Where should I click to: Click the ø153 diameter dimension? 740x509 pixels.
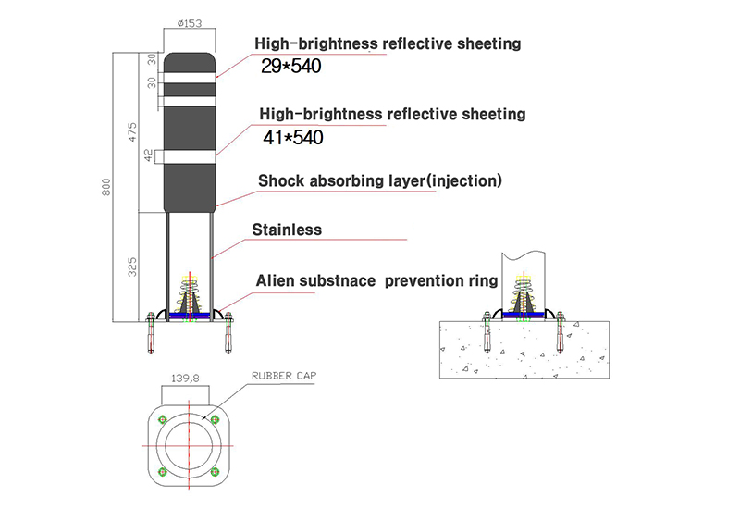(190, 23)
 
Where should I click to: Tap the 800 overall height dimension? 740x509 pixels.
(106, 187)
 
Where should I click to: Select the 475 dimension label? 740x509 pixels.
(132, 132)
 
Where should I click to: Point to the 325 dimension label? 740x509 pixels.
(132, 267)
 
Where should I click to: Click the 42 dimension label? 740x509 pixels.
(149, 155)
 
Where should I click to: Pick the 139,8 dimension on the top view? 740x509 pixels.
(185, 379)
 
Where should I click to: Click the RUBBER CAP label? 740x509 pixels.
(284, 376)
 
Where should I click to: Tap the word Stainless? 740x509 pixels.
(287, 230)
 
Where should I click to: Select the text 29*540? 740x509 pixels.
(291, 66)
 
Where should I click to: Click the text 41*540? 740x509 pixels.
(293, 137)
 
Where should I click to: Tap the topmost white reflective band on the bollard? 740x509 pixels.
(190, 78)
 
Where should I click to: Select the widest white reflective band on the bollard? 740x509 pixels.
(190, 156)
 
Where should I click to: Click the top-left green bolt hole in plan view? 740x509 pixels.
(164, 419)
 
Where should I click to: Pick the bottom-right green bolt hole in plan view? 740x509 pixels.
(215, 471)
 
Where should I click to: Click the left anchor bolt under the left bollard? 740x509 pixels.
(151, 332)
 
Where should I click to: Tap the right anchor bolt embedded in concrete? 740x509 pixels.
(560, 332)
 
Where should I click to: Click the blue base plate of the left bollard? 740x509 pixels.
(190, 316)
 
